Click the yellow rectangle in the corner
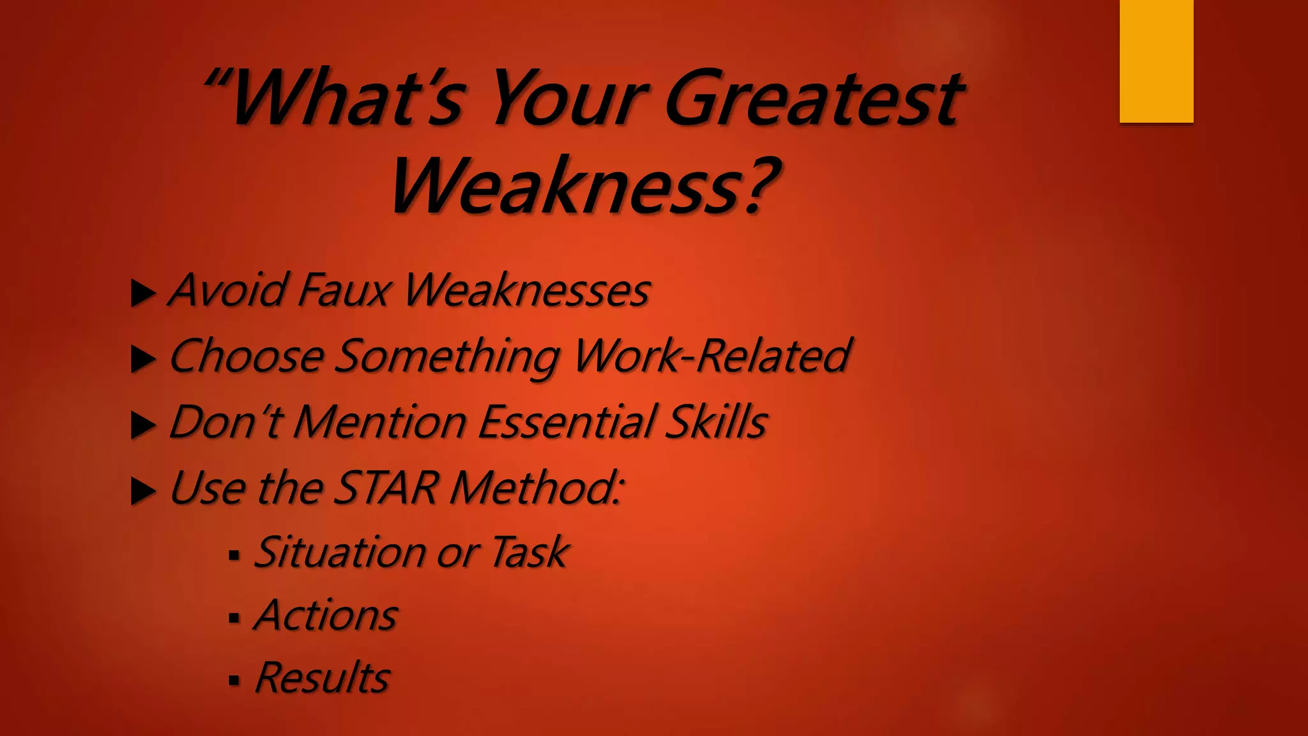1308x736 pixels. (x=1156, y=61)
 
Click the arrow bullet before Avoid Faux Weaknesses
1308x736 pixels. (x=143, y=294)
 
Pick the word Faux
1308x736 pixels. (x=344, y=290)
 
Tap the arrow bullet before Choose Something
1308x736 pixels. (x=143, y=360)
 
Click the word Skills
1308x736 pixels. (x=716, y=422)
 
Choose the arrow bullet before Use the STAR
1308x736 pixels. (x=143, y=491)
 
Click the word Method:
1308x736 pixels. (x=536, y=488)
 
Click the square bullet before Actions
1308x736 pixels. (x=234, y=618)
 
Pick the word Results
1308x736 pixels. (x=323, y=677)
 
